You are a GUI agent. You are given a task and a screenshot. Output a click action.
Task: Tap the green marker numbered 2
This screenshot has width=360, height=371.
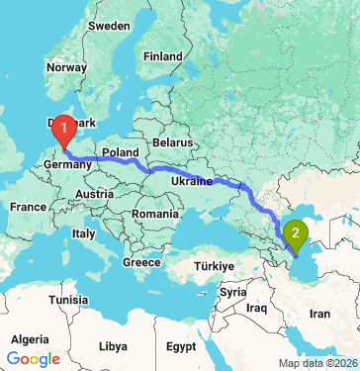click(295, 234)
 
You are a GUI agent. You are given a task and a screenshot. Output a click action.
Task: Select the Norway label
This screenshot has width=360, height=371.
click(67, 68)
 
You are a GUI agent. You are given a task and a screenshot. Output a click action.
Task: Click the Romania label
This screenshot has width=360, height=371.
click(157, 214)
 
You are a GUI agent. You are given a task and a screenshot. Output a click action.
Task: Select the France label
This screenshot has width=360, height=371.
click(29, 207)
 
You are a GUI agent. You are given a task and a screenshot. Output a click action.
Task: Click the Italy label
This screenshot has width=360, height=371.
click(82, 234)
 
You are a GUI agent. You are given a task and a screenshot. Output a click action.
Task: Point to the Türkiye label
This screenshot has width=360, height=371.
click(212, 266)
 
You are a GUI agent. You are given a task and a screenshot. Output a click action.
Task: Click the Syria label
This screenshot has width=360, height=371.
click(234, 293)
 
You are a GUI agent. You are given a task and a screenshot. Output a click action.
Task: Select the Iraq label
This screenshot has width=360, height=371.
click(258, 309)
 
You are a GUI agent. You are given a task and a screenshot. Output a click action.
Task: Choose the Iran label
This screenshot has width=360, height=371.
click(320, 313)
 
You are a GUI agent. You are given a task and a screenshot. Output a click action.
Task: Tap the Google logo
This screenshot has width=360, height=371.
click(33, 358)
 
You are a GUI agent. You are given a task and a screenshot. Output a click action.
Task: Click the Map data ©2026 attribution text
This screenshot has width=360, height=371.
click(318, 363)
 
